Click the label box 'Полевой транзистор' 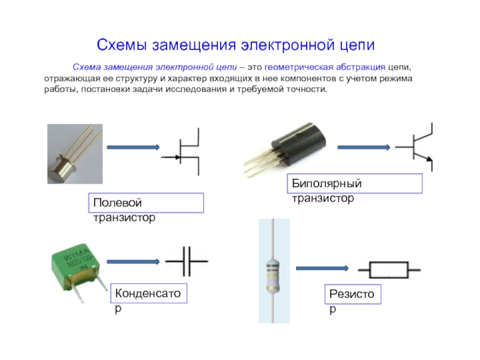tap(146, 203)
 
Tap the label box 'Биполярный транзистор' tap(356, 184)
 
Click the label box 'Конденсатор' tap(148, 295)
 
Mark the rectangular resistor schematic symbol tap(388, 269)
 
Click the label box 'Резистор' tap(353, 295)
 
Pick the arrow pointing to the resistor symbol tap(322, 268)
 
